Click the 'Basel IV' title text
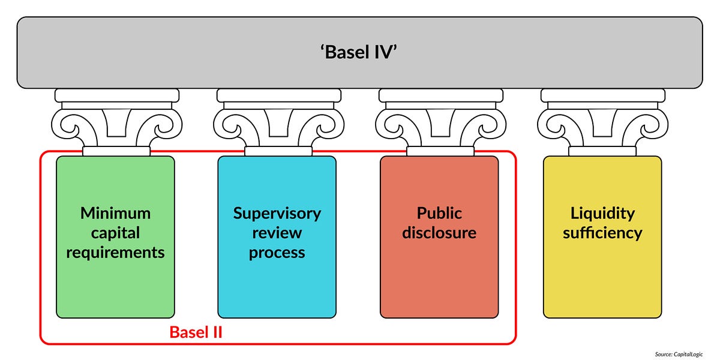(359, 52)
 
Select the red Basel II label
(196, 332)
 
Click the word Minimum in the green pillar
(115, 213)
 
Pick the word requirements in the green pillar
(115, 252)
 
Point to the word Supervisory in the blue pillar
(277, 213)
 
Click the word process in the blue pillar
(277, 252)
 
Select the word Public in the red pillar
(439, 213)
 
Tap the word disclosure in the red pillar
(439, 233)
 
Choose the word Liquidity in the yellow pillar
(602, 213)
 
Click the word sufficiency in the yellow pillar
(602, 233)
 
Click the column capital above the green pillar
(116, 120)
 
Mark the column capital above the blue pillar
(278, 120)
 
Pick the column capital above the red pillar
(440, 120)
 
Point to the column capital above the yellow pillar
(602, 120)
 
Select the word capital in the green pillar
(115, 233)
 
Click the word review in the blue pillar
(277, 233)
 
